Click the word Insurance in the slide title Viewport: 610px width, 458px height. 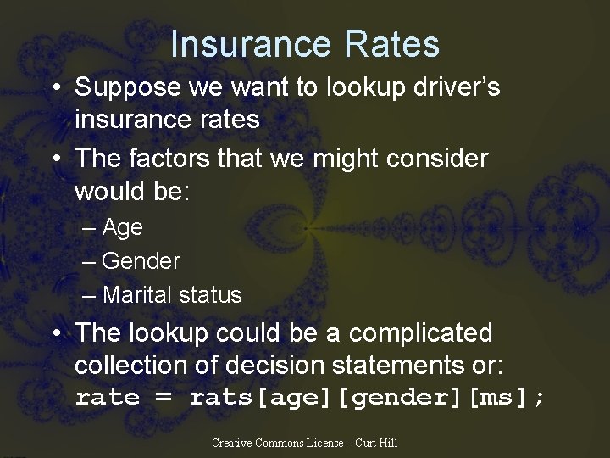241,44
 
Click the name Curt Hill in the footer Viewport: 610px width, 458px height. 377,443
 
